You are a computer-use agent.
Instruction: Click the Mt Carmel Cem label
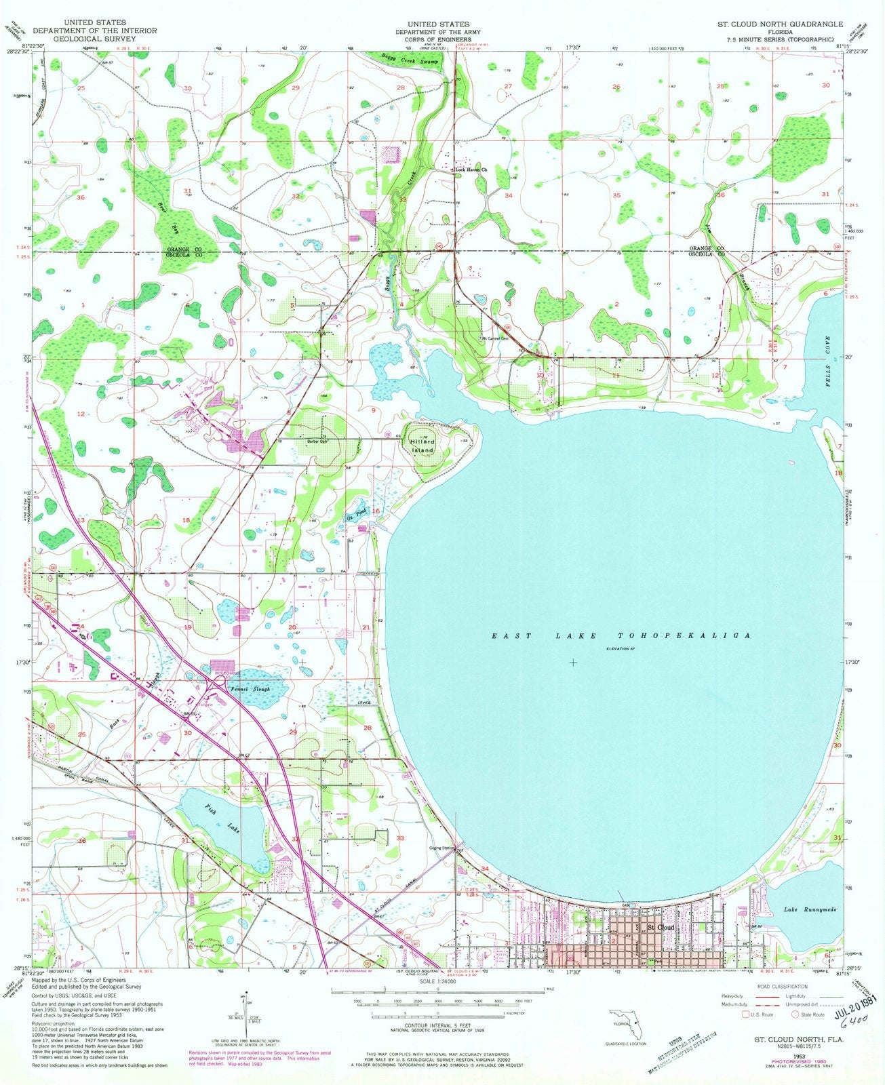pos(497,338)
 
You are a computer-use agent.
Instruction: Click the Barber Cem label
pos(317,441)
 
